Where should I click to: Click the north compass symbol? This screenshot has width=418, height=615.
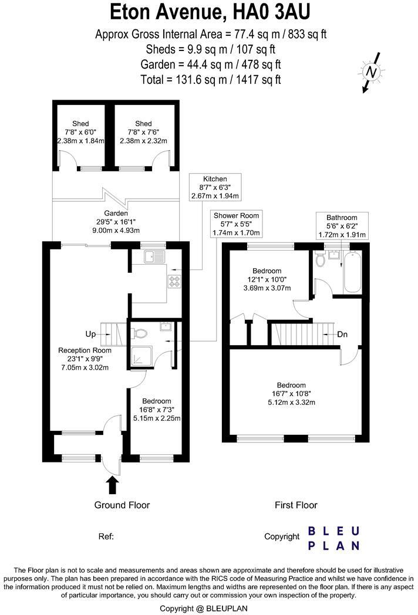click(x=371, y=73)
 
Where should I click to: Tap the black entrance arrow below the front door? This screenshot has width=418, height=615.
click(x=113, y=485)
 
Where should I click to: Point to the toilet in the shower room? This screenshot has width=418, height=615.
click(x=139, y=333)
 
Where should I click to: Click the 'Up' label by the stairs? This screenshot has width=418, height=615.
click(x=90, y=334)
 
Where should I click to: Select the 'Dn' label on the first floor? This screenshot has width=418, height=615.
click(x=342, y=334)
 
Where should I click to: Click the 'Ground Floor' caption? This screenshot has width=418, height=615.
click(x=122, y=505)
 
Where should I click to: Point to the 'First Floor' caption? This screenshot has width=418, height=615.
click(x=296, y=505)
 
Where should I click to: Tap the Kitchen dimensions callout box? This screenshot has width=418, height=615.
click(x=215, y=187)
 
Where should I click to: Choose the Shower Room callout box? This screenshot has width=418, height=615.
click(x=236, y=224)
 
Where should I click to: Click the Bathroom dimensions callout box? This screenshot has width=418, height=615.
click(x=342, y=226)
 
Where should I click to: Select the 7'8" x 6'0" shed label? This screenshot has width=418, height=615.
click(x=80, y=132)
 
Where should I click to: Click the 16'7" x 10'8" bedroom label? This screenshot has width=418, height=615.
click(x=291, y=394)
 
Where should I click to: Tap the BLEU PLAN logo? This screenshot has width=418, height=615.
click(x=333, y=539)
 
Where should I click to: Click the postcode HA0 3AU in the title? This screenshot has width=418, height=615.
click(x=271, y=12)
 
